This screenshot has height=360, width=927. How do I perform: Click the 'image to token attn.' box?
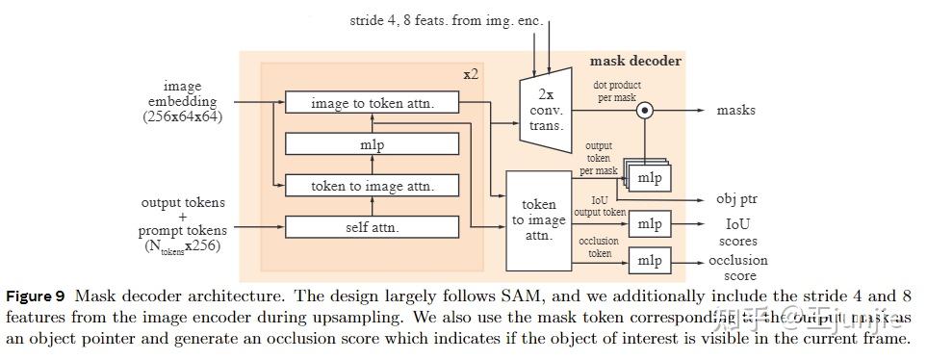tap(372, 102)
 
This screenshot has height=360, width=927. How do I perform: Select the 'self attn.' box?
tap(372, 228)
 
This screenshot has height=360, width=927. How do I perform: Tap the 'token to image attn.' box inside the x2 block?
tap(372, 186)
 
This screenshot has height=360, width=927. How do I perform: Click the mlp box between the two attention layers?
tap(372, 143)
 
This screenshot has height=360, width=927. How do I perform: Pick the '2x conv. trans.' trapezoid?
tap(545, 109)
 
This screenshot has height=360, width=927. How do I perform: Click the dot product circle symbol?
tap(646, 110)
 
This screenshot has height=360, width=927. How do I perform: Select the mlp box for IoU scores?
tap(650, 224)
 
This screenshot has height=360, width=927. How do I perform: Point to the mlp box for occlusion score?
tap(650, 260)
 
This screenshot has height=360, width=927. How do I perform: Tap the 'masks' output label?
tap(736, 110)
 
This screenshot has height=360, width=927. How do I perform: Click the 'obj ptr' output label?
tap(736, 199)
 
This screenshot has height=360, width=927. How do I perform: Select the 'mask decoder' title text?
tap(635, 61)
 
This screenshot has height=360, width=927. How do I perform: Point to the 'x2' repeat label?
tap(471, 74)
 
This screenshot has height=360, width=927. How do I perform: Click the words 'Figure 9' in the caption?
tap(37, 296)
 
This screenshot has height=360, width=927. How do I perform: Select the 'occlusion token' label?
tap(600, 247)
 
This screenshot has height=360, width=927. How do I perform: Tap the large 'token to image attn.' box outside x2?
tap(539, 219)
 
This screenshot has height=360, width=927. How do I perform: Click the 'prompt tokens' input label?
tap(183, 230)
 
